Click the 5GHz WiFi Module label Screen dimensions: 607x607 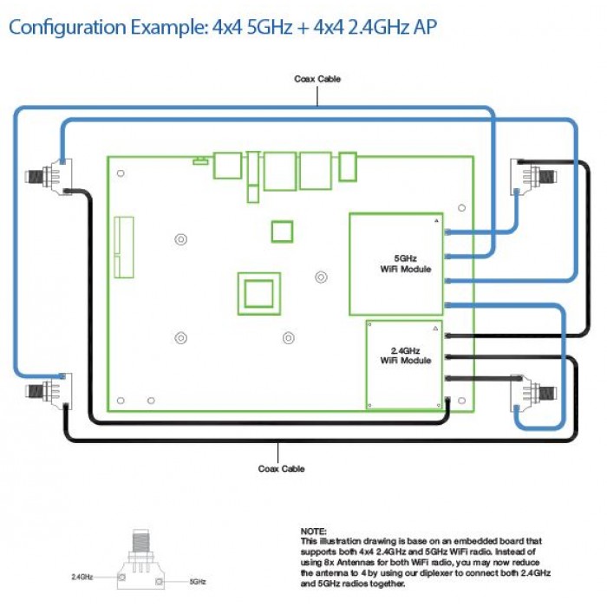(405, 264)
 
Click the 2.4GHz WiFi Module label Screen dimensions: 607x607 (405, 356)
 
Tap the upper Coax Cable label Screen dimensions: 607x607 (317, 79)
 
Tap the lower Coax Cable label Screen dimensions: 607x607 (282, 469)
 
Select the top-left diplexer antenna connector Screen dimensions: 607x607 (49, 177)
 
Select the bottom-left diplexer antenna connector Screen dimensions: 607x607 (49, 391)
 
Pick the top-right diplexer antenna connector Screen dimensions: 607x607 (533, 177)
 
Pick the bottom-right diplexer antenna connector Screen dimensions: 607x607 (533, 393)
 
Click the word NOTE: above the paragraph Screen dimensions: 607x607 (314, 531)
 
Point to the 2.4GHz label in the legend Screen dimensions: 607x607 (82, 577)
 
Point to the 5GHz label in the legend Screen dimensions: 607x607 (198, 582)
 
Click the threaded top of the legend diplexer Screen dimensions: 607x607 (140, 541)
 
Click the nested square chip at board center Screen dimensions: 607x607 (259, 294)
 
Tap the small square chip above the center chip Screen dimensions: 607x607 (282, 232)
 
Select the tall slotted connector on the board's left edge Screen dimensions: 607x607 (124, 247)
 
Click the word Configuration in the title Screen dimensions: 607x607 (68, 27)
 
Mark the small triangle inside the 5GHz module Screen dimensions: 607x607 (436, 220)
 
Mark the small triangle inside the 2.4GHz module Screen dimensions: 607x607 (435, 329)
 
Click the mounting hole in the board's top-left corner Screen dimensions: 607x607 (121, 173)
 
